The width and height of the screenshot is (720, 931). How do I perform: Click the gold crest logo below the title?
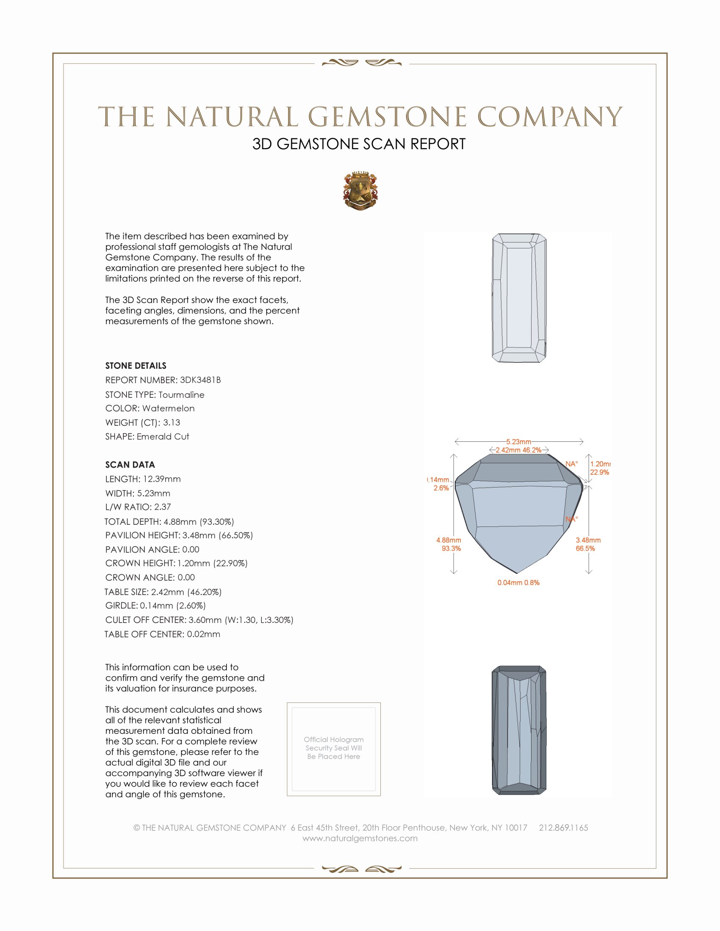[360, 191]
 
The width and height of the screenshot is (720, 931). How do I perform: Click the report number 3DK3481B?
[200, 380]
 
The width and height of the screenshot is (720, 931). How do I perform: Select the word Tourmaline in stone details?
[181, 395]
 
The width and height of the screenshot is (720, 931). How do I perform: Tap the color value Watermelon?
[168, 408]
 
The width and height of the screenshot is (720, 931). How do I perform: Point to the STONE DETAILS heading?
[136, 366]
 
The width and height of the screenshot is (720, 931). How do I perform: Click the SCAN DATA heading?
[130, 465]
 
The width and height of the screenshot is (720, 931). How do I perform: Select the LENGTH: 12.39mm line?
[143, 479]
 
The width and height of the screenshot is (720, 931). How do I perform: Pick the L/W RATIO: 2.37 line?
[138, 507]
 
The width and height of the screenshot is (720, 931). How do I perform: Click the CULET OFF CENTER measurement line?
[199, 620]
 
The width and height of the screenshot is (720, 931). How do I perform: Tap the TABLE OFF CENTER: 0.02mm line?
[163, 634]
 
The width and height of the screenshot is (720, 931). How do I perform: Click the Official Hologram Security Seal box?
[334, 749]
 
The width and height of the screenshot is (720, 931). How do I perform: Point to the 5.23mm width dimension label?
[519, 442]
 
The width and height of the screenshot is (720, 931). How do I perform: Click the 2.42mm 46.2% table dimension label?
[518, 450]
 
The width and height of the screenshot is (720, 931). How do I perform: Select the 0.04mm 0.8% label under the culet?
[518, 583]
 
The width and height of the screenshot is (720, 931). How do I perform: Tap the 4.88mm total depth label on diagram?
[448, 540]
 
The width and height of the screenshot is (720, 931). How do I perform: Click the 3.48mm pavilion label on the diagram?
[588, 540]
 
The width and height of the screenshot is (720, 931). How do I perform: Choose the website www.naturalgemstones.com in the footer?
[360, 838]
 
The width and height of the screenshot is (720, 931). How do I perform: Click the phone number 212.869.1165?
[563, 828]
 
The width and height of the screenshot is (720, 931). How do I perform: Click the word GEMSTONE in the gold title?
[387, 117]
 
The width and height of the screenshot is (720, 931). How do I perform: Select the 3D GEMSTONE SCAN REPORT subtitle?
[359, 144]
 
